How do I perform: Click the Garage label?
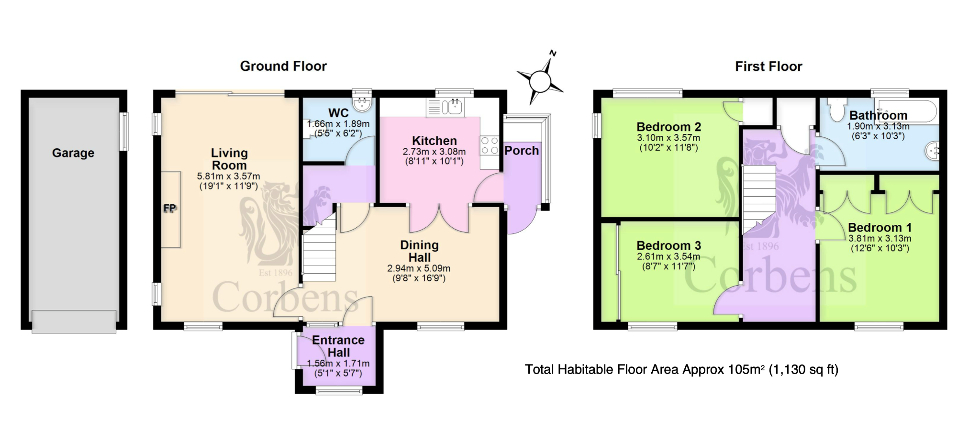(73, 153)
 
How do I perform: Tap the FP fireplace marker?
(170, 208)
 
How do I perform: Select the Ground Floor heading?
(283, 66)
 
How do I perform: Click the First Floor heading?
(768, 66)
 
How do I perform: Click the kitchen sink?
(445, 108)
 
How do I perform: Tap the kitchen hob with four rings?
(490, 145)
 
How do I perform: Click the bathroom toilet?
(837, 110)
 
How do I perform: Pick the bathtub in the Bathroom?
(906, 111)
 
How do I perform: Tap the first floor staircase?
(758, 199)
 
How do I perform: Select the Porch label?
(522, 151)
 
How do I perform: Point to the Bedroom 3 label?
(668, 245)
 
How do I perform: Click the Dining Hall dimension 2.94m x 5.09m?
(419, 268)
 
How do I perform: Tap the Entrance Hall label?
(338, 346)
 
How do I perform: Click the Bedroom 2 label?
(668, 127)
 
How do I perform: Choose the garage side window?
(124, 132)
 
